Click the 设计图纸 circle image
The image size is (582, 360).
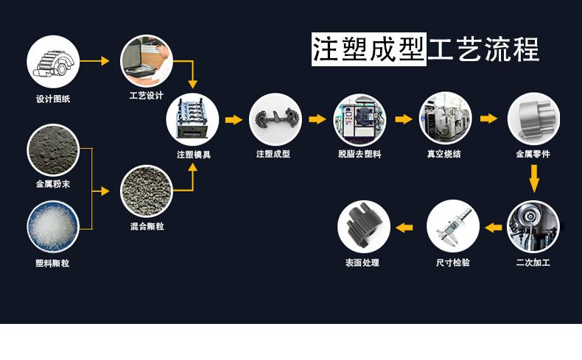coord(53,62)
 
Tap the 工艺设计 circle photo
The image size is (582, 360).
coord(146,60)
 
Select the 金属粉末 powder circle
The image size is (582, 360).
coord(53,149)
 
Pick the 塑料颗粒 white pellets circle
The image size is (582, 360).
coord(53,227)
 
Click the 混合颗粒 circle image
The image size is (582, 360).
coord(146,191)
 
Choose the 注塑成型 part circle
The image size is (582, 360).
coord(276,119)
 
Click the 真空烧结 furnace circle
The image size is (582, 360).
coord(444,118)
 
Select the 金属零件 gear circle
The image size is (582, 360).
coord(533,118)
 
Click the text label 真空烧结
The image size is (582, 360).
coord(444,155)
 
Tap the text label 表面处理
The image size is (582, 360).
coord(362,262)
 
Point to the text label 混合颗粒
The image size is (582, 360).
coord(146,226)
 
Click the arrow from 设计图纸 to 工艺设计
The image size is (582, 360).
coord(94,61)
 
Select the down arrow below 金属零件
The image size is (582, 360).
coord(534,177)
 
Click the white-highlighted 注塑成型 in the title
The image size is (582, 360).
coord(368,49)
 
